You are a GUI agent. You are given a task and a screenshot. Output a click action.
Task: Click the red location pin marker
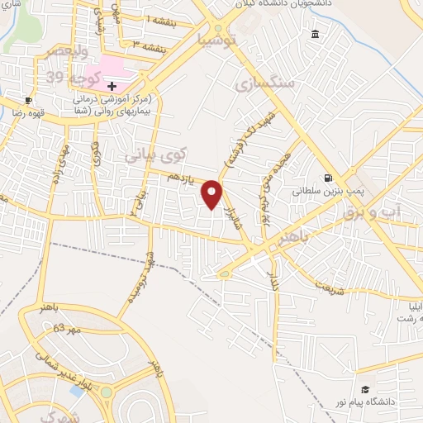point(213,194)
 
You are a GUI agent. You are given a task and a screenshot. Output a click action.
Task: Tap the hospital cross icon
point(112,86)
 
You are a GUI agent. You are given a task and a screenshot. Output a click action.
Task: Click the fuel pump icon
point(329,178)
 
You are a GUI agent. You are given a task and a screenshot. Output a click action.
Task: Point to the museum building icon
point(315,34)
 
